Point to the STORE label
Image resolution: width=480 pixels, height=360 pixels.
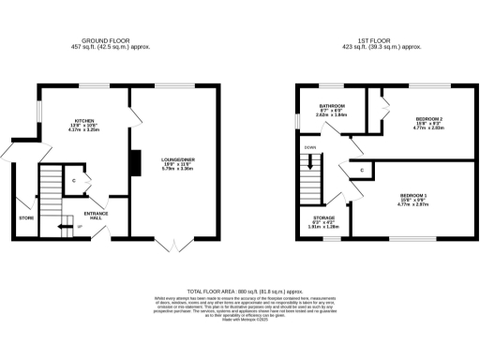[26, 217]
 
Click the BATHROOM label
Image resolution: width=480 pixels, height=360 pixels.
[332, 106]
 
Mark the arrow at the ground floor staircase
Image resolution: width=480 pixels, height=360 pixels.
[63, 226]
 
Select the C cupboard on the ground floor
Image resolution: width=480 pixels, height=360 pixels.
[73, 180]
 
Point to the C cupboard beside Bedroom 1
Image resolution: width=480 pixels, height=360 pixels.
[361, 170]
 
